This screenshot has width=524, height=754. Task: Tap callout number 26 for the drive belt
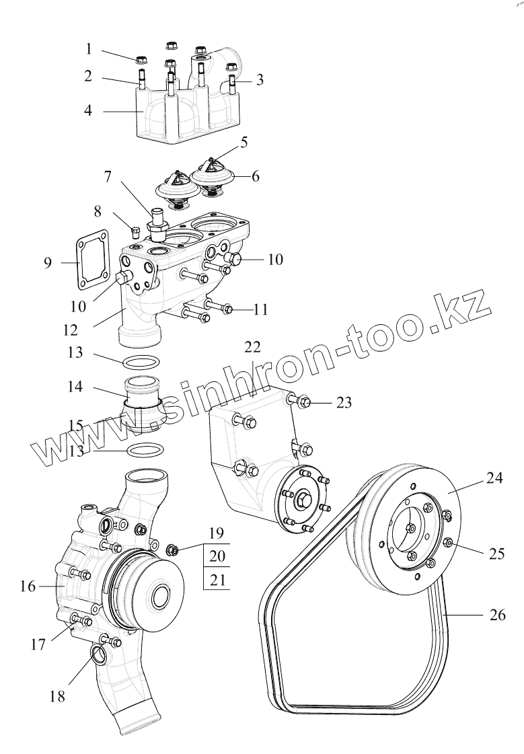pos(497,615)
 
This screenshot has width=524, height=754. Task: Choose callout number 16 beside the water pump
pos(27,587)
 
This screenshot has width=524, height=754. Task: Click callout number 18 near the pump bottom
pos(58,696)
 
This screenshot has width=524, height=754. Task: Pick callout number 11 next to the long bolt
pos(260,309)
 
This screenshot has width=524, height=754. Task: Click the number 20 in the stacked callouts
pos(216,556)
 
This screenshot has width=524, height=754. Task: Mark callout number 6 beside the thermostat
pos(255,177)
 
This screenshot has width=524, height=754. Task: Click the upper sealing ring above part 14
pos(141,363)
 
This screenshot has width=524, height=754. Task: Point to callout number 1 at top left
pos(88,49)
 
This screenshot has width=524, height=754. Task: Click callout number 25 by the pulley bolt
pos(496,554)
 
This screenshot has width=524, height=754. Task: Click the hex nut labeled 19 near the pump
pos(171,550)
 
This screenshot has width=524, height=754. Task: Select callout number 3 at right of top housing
pos(259,80)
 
